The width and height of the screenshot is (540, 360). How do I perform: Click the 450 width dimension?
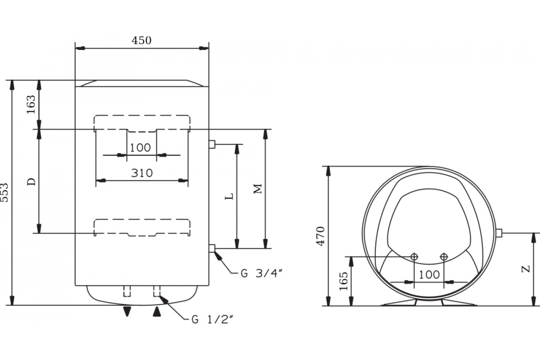(141, 40)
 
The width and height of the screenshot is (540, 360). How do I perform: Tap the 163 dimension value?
(31, 104)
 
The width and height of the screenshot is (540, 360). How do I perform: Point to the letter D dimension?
(31, 182)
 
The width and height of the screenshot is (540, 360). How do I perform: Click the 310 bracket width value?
(141, 173)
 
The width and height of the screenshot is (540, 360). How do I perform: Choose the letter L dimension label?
(229, 196)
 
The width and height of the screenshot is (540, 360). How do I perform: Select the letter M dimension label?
(258, 189)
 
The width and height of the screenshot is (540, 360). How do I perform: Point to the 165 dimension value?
(343, 281)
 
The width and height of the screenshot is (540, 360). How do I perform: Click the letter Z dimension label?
(525, 269)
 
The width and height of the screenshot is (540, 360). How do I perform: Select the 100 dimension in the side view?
(429, 274)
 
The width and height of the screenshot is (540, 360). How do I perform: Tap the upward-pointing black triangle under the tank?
(157, 311)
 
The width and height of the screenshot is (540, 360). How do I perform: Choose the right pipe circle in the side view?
(444, 256)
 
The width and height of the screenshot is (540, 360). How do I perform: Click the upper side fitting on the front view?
(212, 144)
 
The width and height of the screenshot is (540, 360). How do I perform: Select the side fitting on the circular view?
(499, 233)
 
